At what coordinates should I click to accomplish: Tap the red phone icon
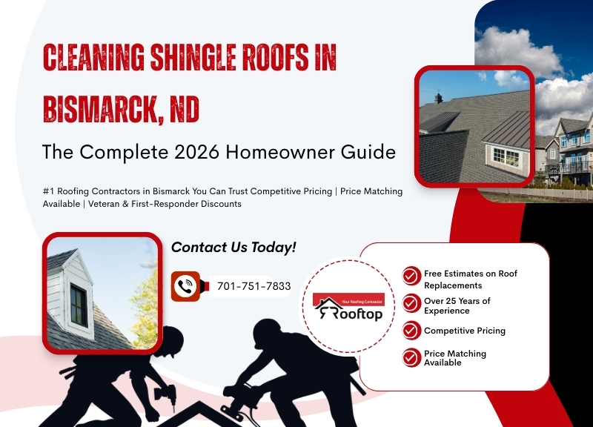(186, 286)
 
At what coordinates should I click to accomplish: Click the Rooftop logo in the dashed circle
(348, 308)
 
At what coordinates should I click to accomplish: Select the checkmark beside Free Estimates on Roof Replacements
(411, 277)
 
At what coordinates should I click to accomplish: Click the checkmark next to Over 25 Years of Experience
(411, 304)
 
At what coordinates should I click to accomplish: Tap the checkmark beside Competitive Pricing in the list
(411, 331)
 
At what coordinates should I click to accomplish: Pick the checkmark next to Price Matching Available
(411, 357)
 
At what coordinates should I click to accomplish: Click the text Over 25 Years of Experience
(457, 305)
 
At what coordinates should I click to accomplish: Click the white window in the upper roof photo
(506, 156)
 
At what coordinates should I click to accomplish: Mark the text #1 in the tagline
(48, 191)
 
